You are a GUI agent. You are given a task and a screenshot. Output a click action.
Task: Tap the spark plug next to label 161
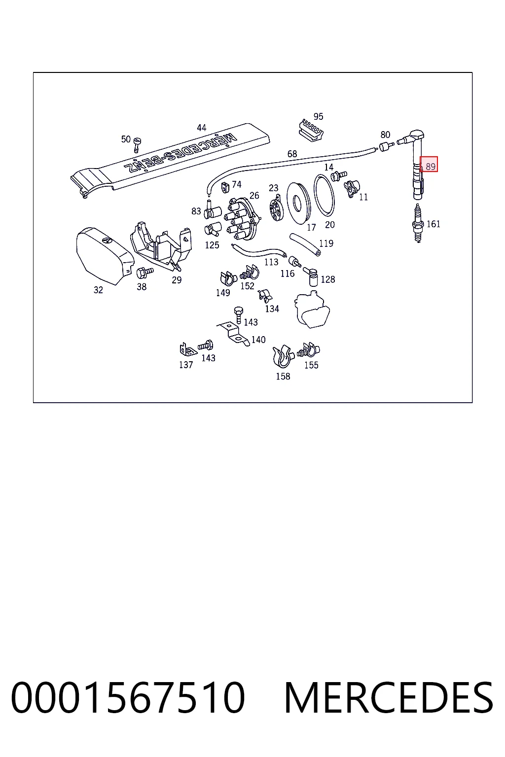(418, 223)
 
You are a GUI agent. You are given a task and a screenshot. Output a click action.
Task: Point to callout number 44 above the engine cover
(202, 128)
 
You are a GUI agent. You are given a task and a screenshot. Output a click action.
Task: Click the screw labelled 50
(137, 145)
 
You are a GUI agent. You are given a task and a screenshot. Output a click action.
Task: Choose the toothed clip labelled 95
(311, 130)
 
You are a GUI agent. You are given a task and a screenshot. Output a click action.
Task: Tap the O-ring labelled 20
(324, 195)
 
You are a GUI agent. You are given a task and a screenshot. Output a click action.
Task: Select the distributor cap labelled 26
(242, 219)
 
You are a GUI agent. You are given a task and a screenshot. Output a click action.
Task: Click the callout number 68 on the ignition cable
(292, 154)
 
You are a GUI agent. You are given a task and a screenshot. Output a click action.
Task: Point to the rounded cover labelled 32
(104, 256)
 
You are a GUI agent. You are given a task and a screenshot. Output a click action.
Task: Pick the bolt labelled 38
(144, 272)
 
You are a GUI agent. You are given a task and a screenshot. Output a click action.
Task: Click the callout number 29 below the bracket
(177, 280)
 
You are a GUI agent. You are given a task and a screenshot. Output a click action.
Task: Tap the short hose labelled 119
(305, 244)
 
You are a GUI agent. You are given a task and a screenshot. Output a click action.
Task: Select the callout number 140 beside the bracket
(258, 340)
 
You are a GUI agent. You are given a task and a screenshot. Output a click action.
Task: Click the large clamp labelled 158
(283, 356)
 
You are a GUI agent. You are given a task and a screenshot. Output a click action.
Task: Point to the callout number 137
(186, 365)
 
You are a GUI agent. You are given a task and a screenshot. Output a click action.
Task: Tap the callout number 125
(212, 245)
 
